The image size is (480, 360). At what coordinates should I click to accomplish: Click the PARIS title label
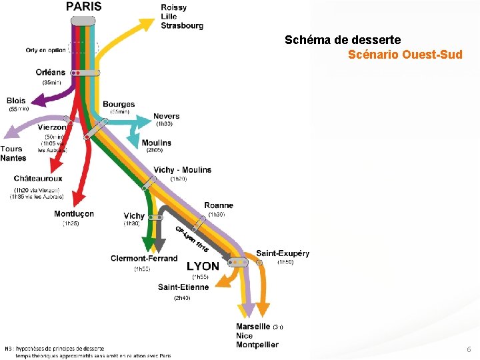(84, 7)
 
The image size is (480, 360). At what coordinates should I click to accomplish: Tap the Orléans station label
(51, 72)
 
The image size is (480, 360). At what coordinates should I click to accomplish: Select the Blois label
(16, 101)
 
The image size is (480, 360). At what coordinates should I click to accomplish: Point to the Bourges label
(119, 104)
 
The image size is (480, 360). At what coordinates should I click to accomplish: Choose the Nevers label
(166, 116)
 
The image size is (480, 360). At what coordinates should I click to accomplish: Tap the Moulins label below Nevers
(156, 143)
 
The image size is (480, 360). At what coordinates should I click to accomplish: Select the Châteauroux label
(38, 179)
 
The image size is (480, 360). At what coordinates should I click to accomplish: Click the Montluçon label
(74, 214)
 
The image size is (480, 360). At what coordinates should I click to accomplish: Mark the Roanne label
(219, 205)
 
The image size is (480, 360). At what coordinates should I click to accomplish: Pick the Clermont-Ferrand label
(144, 259)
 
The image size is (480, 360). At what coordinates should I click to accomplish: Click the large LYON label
(203, 266)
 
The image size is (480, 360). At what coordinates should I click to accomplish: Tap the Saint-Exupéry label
(283, 253)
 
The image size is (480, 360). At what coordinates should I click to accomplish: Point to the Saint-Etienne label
(183, 287)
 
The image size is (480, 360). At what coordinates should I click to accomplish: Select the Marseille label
(253, 327)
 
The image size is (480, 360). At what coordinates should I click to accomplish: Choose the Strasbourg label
(182, 26)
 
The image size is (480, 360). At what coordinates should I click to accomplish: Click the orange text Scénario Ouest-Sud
(405, 55)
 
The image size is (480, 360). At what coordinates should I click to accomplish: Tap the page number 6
(469, 349)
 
